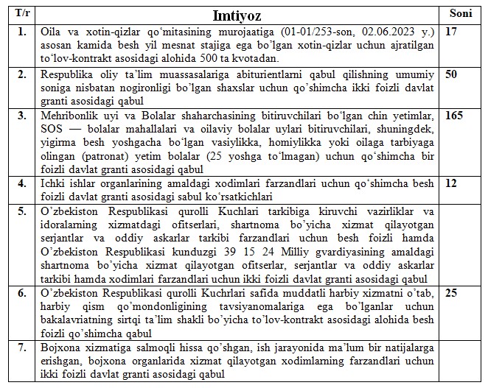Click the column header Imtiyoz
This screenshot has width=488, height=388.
(241, 15)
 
